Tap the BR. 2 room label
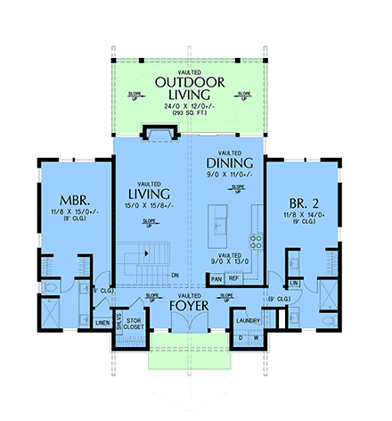[302, 202]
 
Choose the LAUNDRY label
[249, 318]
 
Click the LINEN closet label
[102, 322]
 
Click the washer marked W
[257, 337]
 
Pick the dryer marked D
[241, 337]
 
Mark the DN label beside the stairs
[176, 275]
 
